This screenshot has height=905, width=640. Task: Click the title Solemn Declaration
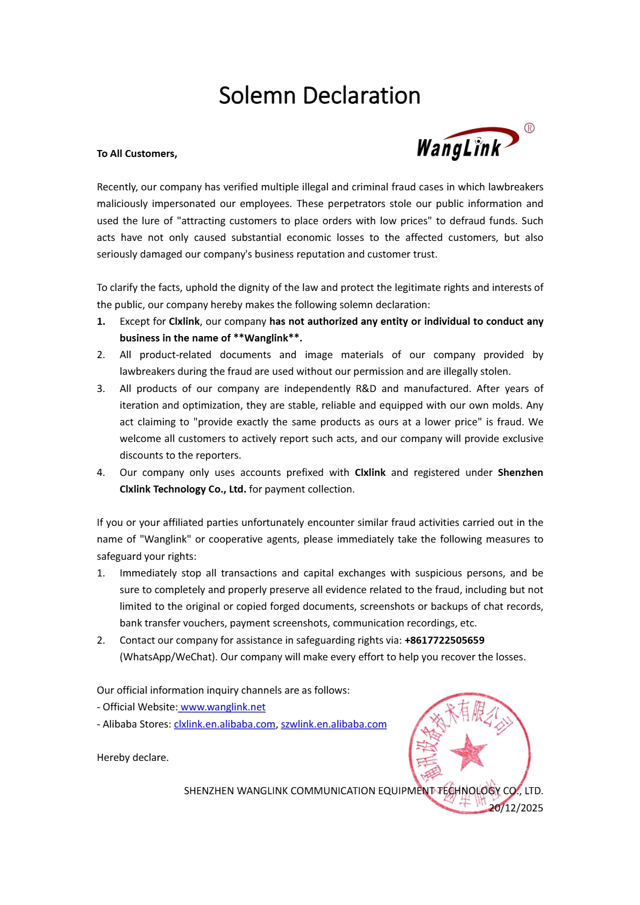[319, 96]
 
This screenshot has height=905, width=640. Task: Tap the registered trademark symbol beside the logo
[529, 128]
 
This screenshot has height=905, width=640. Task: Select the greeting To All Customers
[137, 154]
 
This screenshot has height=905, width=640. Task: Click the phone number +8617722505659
[444, 640]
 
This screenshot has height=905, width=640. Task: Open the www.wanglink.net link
[223, 707]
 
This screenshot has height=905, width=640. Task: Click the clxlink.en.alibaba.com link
[224, 724]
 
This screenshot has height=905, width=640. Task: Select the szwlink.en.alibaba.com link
[333, 724]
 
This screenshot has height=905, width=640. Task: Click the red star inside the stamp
[468, 751]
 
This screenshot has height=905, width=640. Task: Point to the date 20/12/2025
[516, 808]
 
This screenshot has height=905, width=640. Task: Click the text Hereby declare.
[133, 758]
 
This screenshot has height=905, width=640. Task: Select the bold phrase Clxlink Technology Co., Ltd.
[183, 489]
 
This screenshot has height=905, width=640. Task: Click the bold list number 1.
[101, 322]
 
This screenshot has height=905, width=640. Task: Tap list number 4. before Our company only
[101, 473]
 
